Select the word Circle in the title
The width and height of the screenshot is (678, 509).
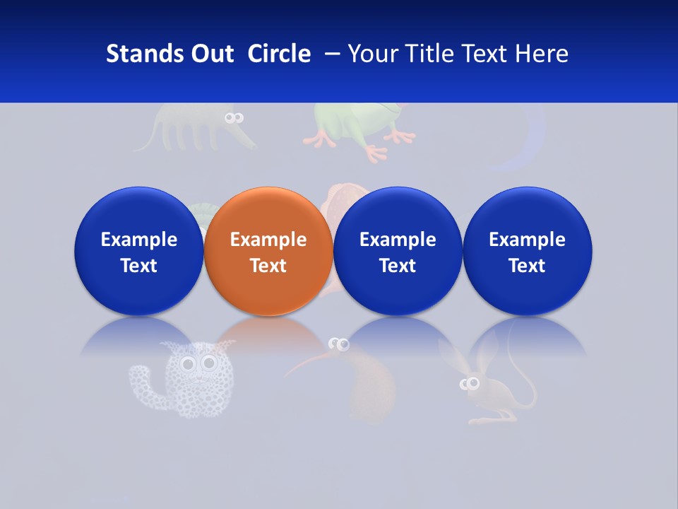coord(279,54)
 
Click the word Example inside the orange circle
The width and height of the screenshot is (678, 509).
coord(268,240)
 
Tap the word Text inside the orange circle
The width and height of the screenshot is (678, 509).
coord(268,266)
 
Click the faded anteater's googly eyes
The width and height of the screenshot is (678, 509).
coord(234,118)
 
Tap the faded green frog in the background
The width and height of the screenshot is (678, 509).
coord(353,127)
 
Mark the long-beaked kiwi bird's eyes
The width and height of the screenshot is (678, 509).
coord(341,344)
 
